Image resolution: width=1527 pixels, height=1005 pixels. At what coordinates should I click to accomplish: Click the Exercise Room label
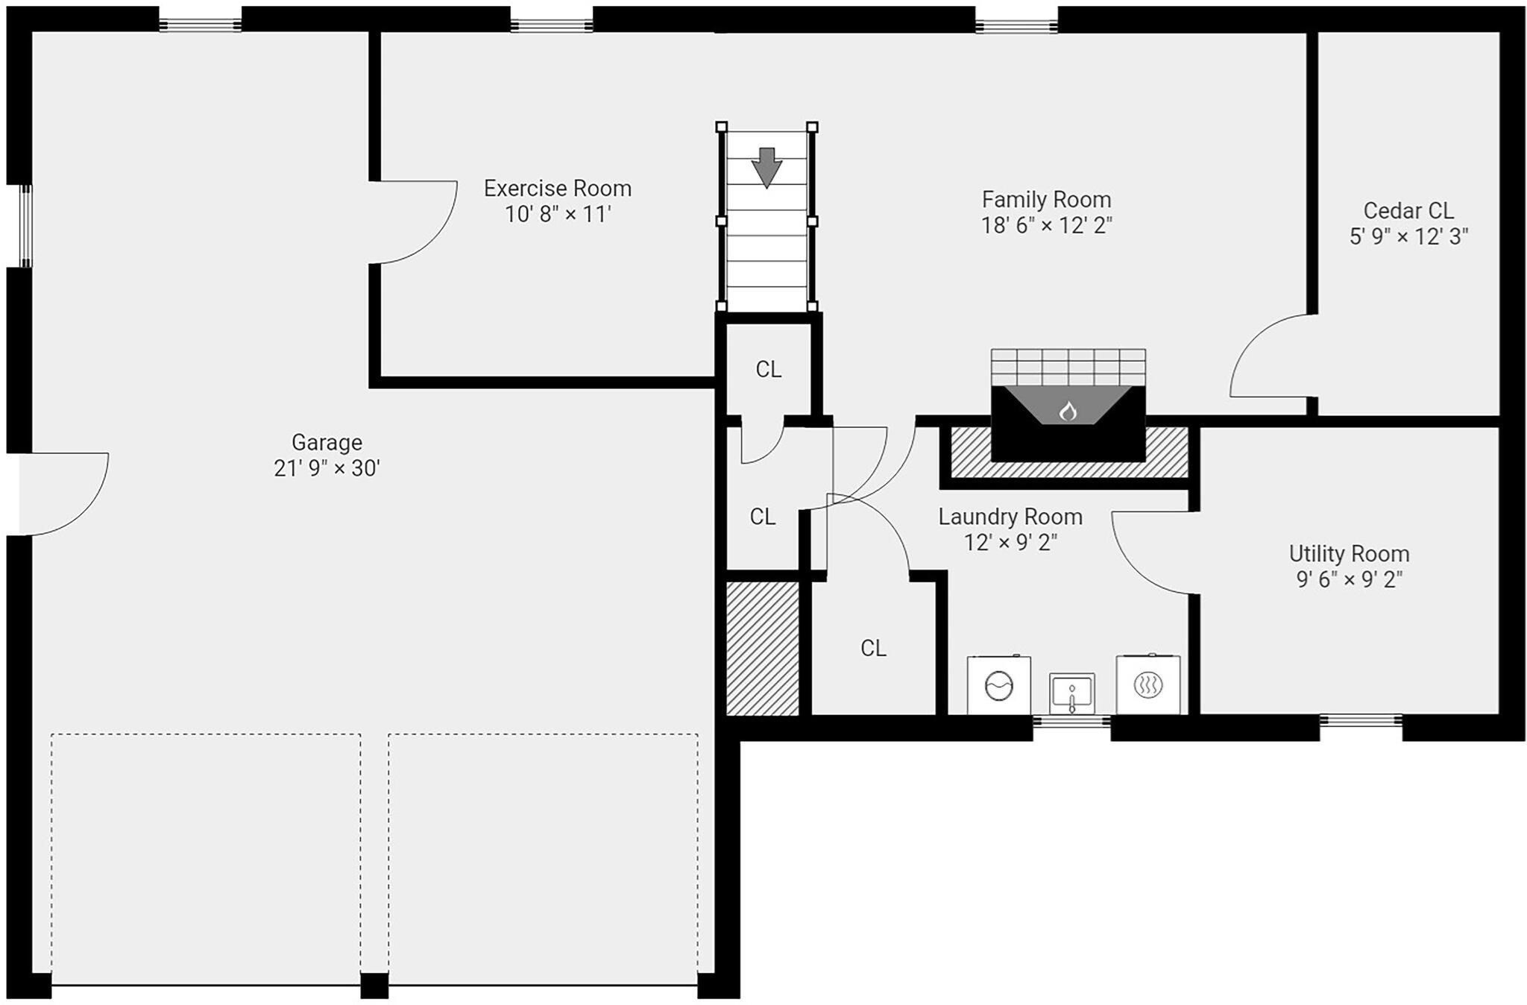coord(557,189)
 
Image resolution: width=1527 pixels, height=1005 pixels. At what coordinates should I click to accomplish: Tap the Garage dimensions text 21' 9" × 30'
coord(327,469)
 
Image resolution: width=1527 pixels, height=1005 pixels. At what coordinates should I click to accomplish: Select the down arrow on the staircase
coord(766,167)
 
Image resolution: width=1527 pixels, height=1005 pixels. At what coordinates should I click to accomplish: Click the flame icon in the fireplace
coord(1068,411)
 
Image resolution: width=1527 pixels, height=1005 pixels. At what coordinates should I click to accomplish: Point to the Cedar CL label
coord(1408,211)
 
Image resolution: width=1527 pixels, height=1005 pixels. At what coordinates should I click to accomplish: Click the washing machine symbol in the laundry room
coord(998,685)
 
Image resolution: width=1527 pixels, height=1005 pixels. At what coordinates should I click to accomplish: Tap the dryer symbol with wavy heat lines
coord(1147,685)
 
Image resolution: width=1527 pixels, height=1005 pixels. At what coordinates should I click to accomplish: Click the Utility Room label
coord(1349,554)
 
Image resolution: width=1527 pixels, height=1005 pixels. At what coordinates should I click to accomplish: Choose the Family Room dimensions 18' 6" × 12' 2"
coord(1046,226)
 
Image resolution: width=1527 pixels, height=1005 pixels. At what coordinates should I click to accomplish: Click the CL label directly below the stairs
coord(768,370)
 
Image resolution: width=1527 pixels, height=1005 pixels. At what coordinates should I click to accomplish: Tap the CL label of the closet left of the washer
coord(873,649)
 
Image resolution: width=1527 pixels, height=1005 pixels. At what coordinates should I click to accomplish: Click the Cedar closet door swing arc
coord(1268,354)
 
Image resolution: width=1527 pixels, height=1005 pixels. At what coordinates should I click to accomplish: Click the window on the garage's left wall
coord(26,226)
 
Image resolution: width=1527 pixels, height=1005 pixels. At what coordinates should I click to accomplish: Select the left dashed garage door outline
coord(206,857)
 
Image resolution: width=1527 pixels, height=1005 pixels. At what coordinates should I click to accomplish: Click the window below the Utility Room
coord(1360,720)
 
